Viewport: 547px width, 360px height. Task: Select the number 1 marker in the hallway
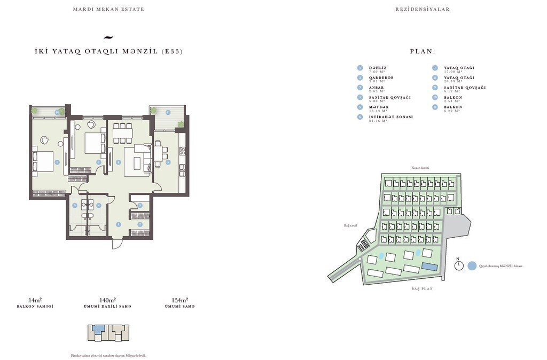pos(119,225)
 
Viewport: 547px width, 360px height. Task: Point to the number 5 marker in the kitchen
pos(168,162)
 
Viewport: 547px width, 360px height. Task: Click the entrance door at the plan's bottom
pos(118,243)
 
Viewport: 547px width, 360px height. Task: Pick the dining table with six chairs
pos(122,133)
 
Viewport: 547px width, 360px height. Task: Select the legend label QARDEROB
pos(381,77)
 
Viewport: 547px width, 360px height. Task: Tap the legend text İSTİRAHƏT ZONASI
pos(390,116)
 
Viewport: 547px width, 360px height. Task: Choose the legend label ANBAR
pos(376,87)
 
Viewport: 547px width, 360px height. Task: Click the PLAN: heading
pos(423,52)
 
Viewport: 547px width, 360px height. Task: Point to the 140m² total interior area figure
pos(108,300)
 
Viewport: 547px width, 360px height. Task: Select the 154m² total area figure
pos(179,300)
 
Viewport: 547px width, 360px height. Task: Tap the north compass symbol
pos(458,266)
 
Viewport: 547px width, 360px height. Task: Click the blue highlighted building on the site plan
pos(428,266)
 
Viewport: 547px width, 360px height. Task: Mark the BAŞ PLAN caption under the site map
pos(421,289)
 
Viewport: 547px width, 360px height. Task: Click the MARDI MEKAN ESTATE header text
pos(108,10)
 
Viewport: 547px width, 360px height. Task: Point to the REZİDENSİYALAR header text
pos(422,10)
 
